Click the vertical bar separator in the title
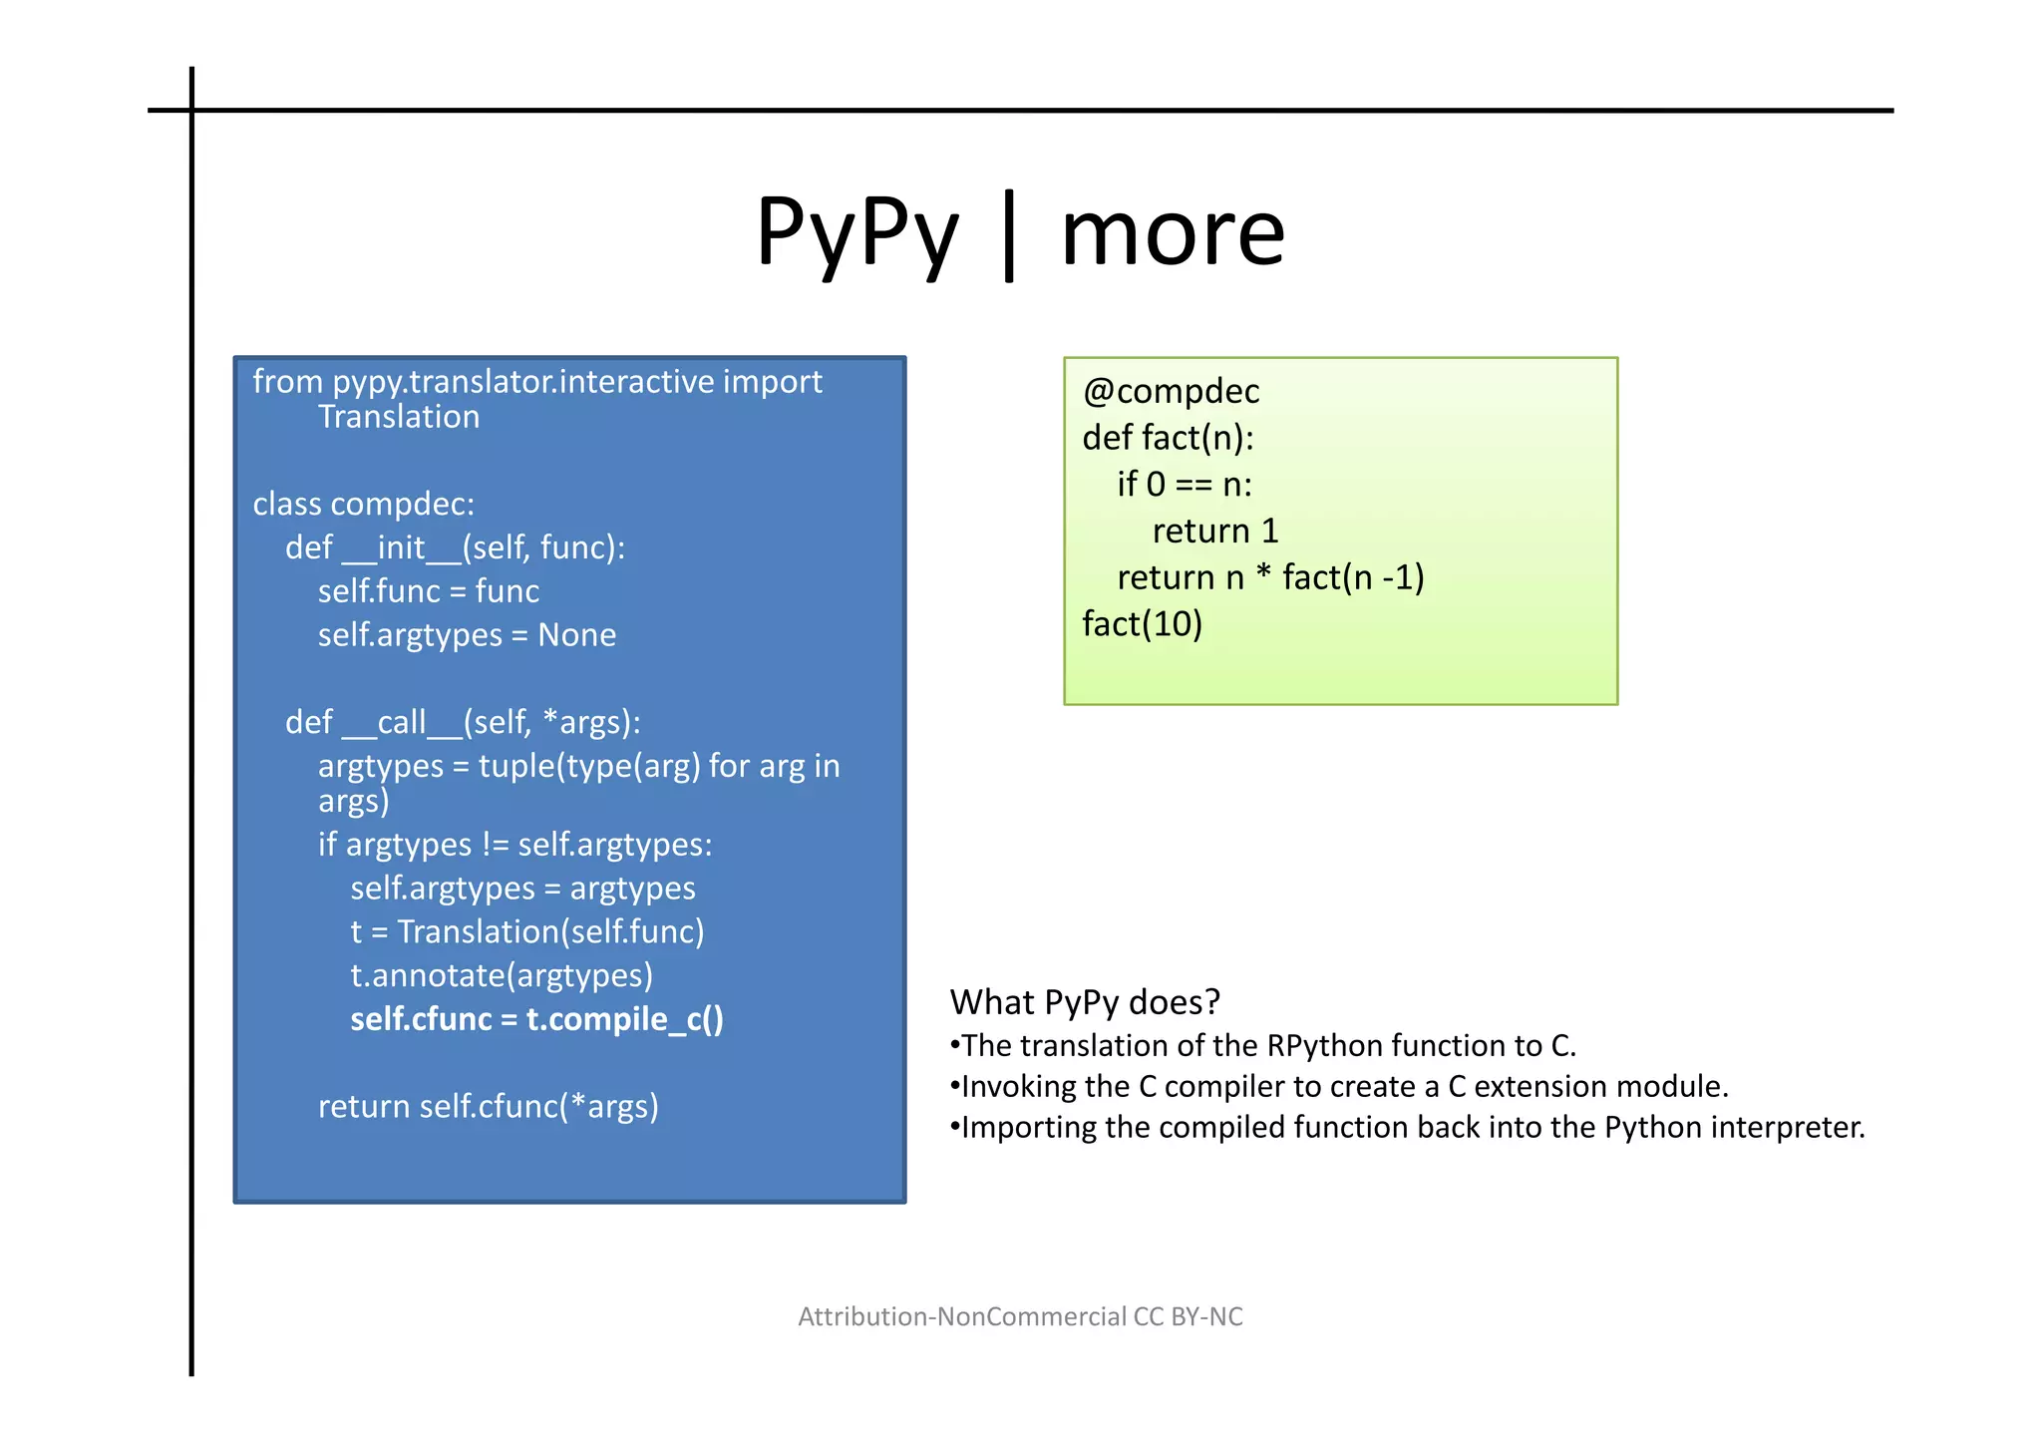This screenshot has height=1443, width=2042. click(x=1009, y=236)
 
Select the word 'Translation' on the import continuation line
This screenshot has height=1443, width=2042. click(x=399, y=417)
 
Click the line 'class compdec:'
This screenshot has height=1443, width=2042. click(x=363, y=505)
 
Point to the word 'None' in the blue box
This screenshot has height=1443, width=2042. click(x=576, y=635)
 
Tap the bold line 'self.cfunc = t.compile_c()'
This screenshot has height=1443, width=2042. click(x=536, y=1019)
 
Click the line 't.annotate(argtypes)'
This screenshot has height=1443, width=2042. click(x=502, y=975)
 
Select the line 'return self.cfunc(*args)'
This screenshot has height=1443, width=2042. click(x=488, y=1107)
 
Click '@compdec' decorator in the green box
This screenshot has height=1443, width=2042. click(x=1171, y=392)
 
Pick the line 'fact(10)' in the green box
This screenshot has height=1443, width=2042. click(x=1143, y=624)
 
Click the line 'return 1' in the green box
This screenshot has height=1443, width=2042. click(x=1214, y=532)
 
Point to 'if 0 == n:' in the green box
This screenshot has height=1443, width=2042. click(x=1184, y=485)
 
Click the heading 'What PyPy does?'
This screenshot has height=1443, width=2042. click(x=1085, y=1002)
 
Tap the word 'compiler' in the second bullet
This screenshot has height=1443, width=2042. click(x=1224, y=1087)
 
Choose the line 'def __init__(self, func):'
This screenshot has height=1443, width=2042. click(x=455, y=548)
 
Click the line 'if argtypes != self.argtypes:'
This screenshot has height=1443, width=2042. click(x=514, y=846)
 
